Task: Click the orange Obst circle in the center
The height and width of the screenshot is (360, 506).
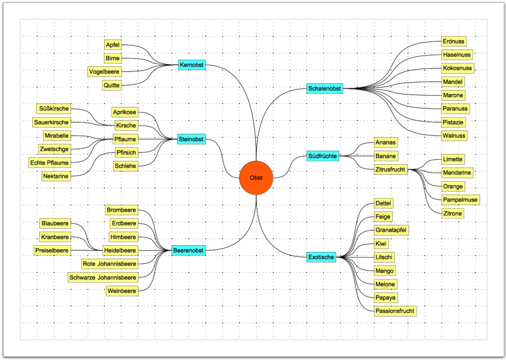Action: pyautogui.click(x=256, y=178)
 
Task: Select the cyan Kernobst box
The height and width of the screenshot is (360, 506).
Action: pyautogui.click(x=191, y=65)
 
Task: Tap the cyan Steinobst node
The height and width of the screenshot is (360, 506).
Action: pyautogui.click(x=191, y=139)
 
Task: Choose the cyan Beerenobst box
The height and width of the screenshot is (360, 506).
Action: pyautogui.click(x=188, y=250)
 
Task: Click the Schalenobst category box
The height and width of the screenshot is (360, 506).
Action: pyautogui.click(x=324, y=88)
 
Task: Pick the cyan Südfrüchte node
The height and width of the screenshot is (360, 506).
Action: pyautogui.click(x=323, y=156)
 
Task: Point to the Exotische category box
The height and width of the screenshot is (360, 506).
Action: pyautogui.click(x=322, y=257)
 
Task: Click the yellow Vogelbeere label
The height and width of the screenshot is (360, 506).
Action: pyautogui.click(x=105, y=72)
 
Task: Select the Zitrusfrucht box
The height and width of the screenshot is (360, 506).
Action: pyautogui.click(x=391, y=169)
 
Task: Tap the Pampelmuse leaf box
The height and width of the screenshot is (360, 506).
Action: pyautogui.click(x=460, y=200)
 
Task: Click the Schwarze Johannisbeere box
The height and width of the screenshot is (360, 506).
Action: pyautogui.click(x=102, y=277)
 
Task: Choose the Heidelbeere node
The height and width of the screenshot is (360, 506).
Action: pyautogui.click(x=120, y=250)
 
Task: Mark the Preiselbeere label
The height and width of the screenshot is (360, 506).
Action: pyautogui.click(x=52, y=250)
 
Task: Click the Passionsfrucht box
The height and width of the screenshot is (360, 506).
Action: pyautogui.click(x=395, y=310)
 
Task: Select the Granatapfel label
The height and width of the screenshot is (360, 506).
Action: pyautogui.click(x=391, y=230)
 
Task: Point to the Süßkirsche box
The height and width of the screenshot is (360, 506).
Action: pyautogui.click(x=53, y=109)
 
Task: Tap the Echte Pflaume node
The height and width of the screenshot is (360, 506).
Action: pyautogui.click(x=49, y=163)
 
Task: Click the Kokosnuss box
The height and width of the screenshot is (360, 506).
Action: pyautogui.click(x=458, y=68)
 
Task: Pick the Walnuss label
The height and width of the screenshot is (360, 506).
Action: pyautogui.click(x=454, y=136)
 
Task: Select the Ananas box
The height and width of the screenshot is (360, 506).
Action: pyautogui.click(x=386, y=142)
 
